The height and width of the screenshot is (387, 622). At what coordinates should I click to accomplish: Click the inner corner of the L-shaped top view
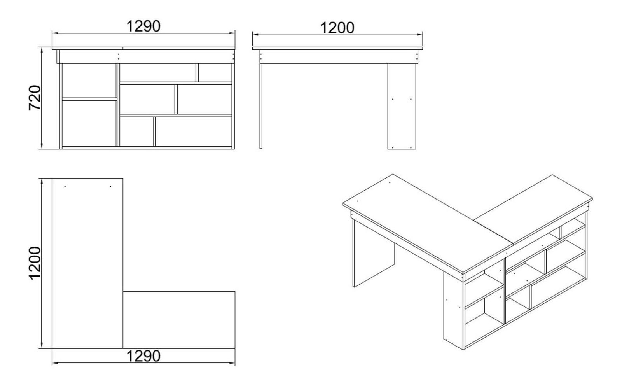point(123,291)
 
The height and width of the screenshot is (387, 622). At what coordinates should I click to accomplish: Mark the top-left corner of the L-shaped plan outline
point(52,179)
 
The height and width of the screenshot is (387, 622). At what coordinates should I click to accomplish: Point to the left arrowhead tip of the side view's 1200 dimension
point(253,35)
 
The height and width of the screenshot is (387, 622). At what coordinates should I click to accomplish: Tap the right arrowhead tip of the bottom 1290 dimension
point(235,363)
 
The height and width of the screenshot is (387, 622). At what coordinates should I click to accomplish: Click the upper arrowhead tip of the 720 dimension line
point(42,47)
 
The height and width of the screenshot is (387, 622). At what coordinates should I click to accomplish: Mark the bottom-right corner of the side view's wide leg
point(416,149)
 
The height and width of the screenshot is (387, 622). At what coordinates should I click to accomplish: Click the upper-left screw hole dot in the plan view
point(65,186)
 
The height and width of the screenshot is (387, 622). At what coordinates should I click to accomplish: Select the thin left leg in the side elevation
point(261,106)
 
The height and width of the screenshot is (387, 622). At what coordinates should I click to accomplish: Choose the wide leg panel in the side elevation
point(402,106)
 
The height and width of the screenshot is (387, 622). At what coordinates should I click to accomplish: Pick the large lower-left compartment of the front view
point(89,123)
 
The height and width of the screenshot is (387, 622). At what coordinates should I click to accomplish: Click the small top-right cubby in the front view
point(215,73)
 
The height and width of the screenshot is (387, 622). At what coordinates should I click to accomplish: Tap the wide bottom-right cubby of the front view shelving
point(194,131)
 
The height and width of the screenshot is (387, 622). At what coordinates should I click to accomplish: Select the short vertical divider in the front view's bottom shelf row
point(155,131)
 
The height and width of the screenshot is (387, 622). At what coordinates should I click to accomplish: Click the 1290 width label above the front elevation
point(143,26)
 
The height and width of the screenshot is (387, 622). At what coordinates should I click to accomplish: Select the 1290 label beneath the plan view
point(143,356)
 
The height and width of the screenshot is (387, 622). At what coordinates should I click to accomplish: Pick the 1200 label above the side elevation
point(337,28)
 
